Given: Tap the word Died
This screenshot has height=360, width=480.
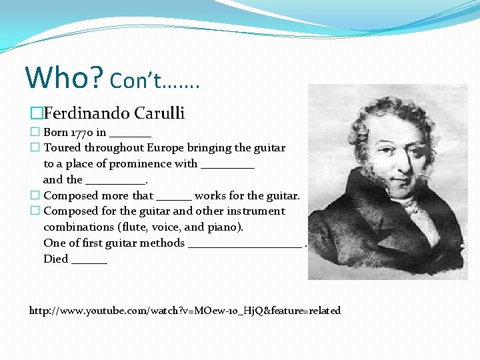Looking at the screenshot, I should tap(56, 259).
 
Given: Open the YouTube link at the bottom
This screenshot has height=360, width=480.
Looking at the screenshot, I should tap(185, 311).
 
